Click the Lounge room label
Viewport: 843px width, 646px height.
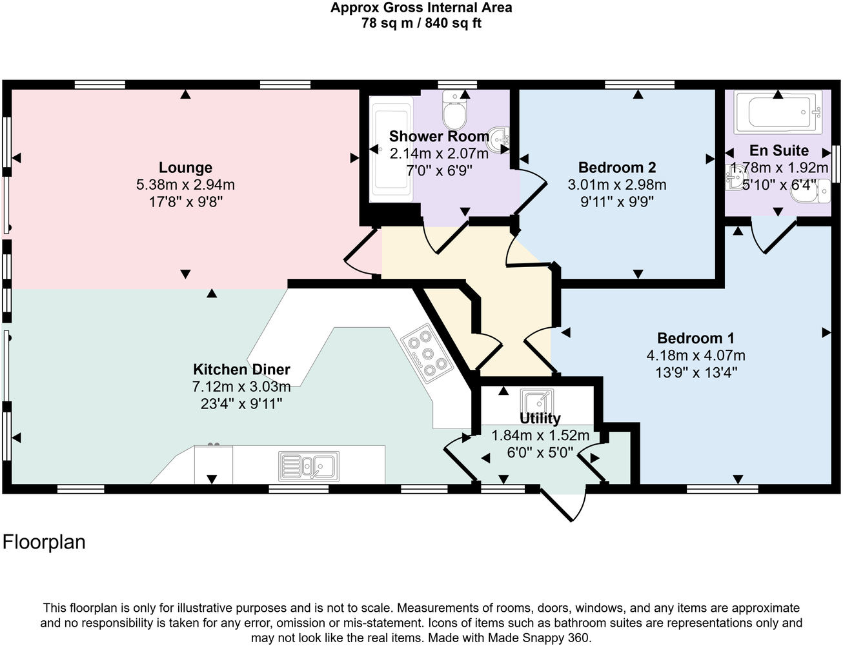click(x=185, y=168)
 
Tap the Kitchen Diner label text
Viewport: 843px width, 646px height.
click(x=241, y=370)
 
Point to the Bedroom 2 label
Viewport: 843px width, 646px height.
click(x=616, y=168)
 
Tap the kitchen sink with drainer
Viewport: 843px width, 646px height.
click(x=309, y=465)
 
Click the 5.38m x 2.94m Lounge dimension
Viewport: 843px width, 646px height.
click(x=185, y=185)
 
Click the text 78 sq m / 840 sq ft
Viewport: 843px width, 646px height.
click(x=421, y=24)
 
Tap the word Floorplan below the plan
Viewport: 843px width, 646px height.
click(x=44, y=542)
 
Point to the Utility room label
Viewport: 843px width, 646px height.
click(x=540, y=418)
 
